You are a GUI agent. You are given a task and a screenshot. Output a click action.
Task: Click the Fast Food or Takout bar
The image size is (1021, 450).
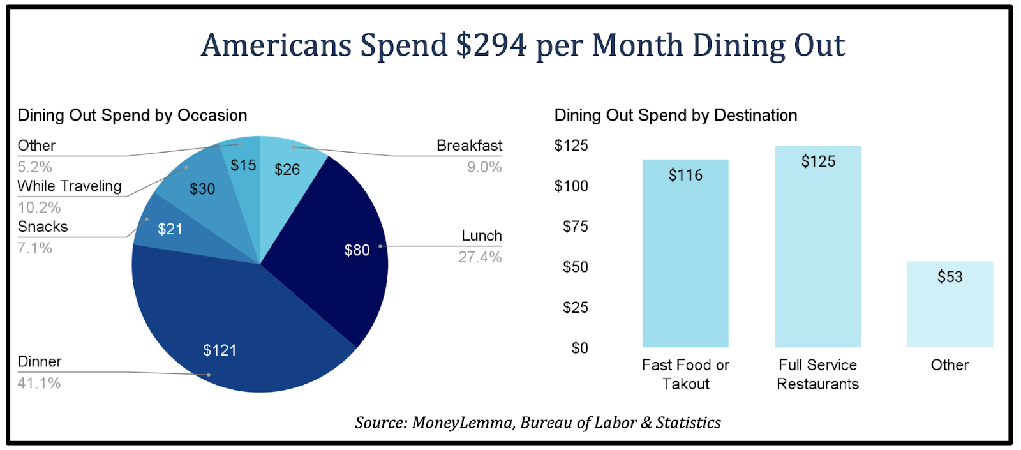[x=685, y=255]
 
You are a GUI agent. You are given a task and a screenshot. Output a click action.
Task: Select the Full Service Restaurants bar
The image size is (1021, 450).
[x=818, y=249]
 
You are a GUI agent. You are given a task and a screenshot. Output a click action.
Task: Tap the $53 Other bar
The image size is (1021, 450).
[x=950, y=306]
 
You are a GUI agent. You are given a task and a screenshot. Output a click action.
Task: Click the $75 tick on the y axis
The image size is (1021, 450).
[x=575, y=227]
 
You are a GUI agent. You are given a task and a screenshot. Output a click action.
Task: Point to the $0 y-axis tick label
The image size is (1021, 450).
[x=579, y=349]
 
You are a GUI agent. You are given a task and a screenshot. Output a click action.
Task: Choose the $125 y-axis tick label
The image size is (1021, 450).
[x=571, y=146]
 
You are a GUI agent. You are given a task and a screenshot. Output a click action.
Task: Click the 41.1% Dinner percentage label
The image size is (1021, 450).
[x=40, y=383]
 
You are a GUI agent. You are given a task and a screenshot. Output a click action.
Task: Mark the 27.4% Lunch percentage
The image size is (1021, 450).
[x=480, y=257]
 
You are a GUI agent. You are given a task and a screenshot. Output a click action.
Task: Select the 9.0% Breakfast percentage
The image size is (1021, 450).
[x=484, y=167]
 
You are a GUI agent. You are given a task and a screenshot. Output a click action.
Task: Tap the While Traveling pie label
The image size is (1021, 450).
[x=70, y=186]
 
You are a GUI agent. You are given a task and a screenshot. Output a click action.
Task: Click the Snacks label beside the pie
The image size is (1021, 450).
[x=43, y=227]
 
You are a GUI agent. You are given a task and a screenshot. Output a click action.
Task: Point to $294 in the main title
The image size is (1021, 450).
[x=491, y=45]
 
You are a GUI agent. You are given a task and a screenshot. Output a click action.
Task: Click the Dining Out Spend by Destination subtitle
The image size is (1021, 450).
[x=676, y=116]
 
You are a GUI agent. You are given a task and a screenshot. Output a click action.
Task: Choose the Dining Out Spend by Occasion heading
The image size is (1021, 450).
[x=132, y=116]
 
